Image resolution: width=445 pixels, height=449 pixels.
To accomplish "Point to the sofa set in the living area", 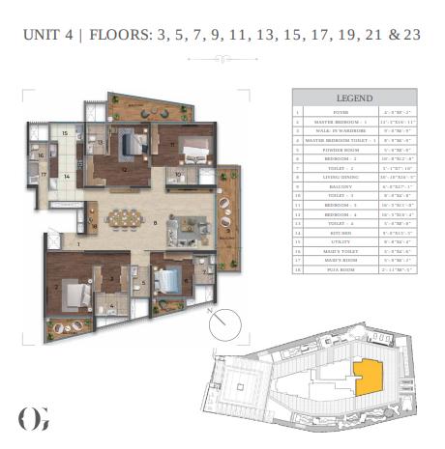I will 184,230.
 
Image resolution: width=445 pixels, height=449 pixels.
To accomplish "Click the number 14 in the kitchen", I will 65,177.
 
